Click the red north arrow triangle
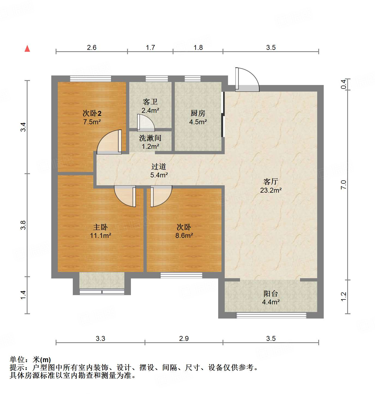pyautogui.click(x=27, y=49)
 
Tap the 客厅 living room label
pyautogui.click(x=271, y=181)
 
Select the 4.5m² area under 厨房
pyautogui.click(x=198, y=122)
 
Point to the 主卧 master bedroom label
pyautogui.click(x=100, y=227)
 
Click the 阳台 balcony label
pyautogui.click(x=271, y=293)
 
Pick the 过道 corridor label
pyautogui.click(x=159, y=166)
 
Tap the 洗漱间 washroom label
pyautogui.click(x=150, y=138)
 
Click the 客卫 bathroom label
pyautogui.click(x=150, y=102)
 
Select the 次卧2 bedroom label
pyautogui.click(x=92, y=113)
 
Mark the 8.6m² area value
pyautogui.click(x=184, y=235)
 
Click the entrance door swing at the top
pyautogui.click(x=248, y=79)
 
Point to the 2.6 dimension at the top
pyautogui.click(x=92, y=47)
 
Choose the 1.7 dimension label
pyautogui.click(x=150, y=47)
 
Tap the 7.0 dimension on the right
pyautogui.click(x=343, y=185)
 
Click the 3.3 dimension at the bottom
pyautogui.click(x=100, y=338)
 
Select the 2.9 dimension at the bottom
pyautogui.click(x=184, y=338)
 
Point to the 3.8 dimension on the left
pyautogui.click(x=23, y=225)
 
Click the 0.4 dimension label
pyautogui.click(x=344, y=84)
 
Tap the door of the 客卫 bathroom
pyautogui.click(x=146, y=123)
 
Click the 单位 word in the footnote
pyautogui.click(x=17, y=360)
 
